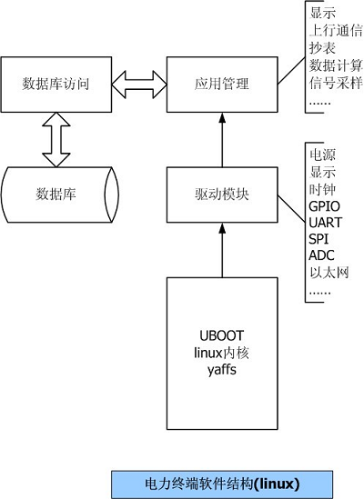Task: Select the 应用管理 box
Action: coord(221,85)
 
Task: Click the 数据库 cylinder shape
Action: coord(56,195)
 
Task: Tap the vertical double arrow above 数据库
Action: coord(56,141)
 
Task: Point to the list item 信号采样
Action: coord(336,82)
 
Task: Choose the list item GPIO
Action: coord(324,206)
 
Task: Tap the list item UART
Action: coord(324,223)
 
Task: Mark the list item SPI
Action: coord(318,239)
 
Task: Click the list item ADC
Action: coord(320,255)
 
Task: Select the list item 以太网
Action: coord(329,272)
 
